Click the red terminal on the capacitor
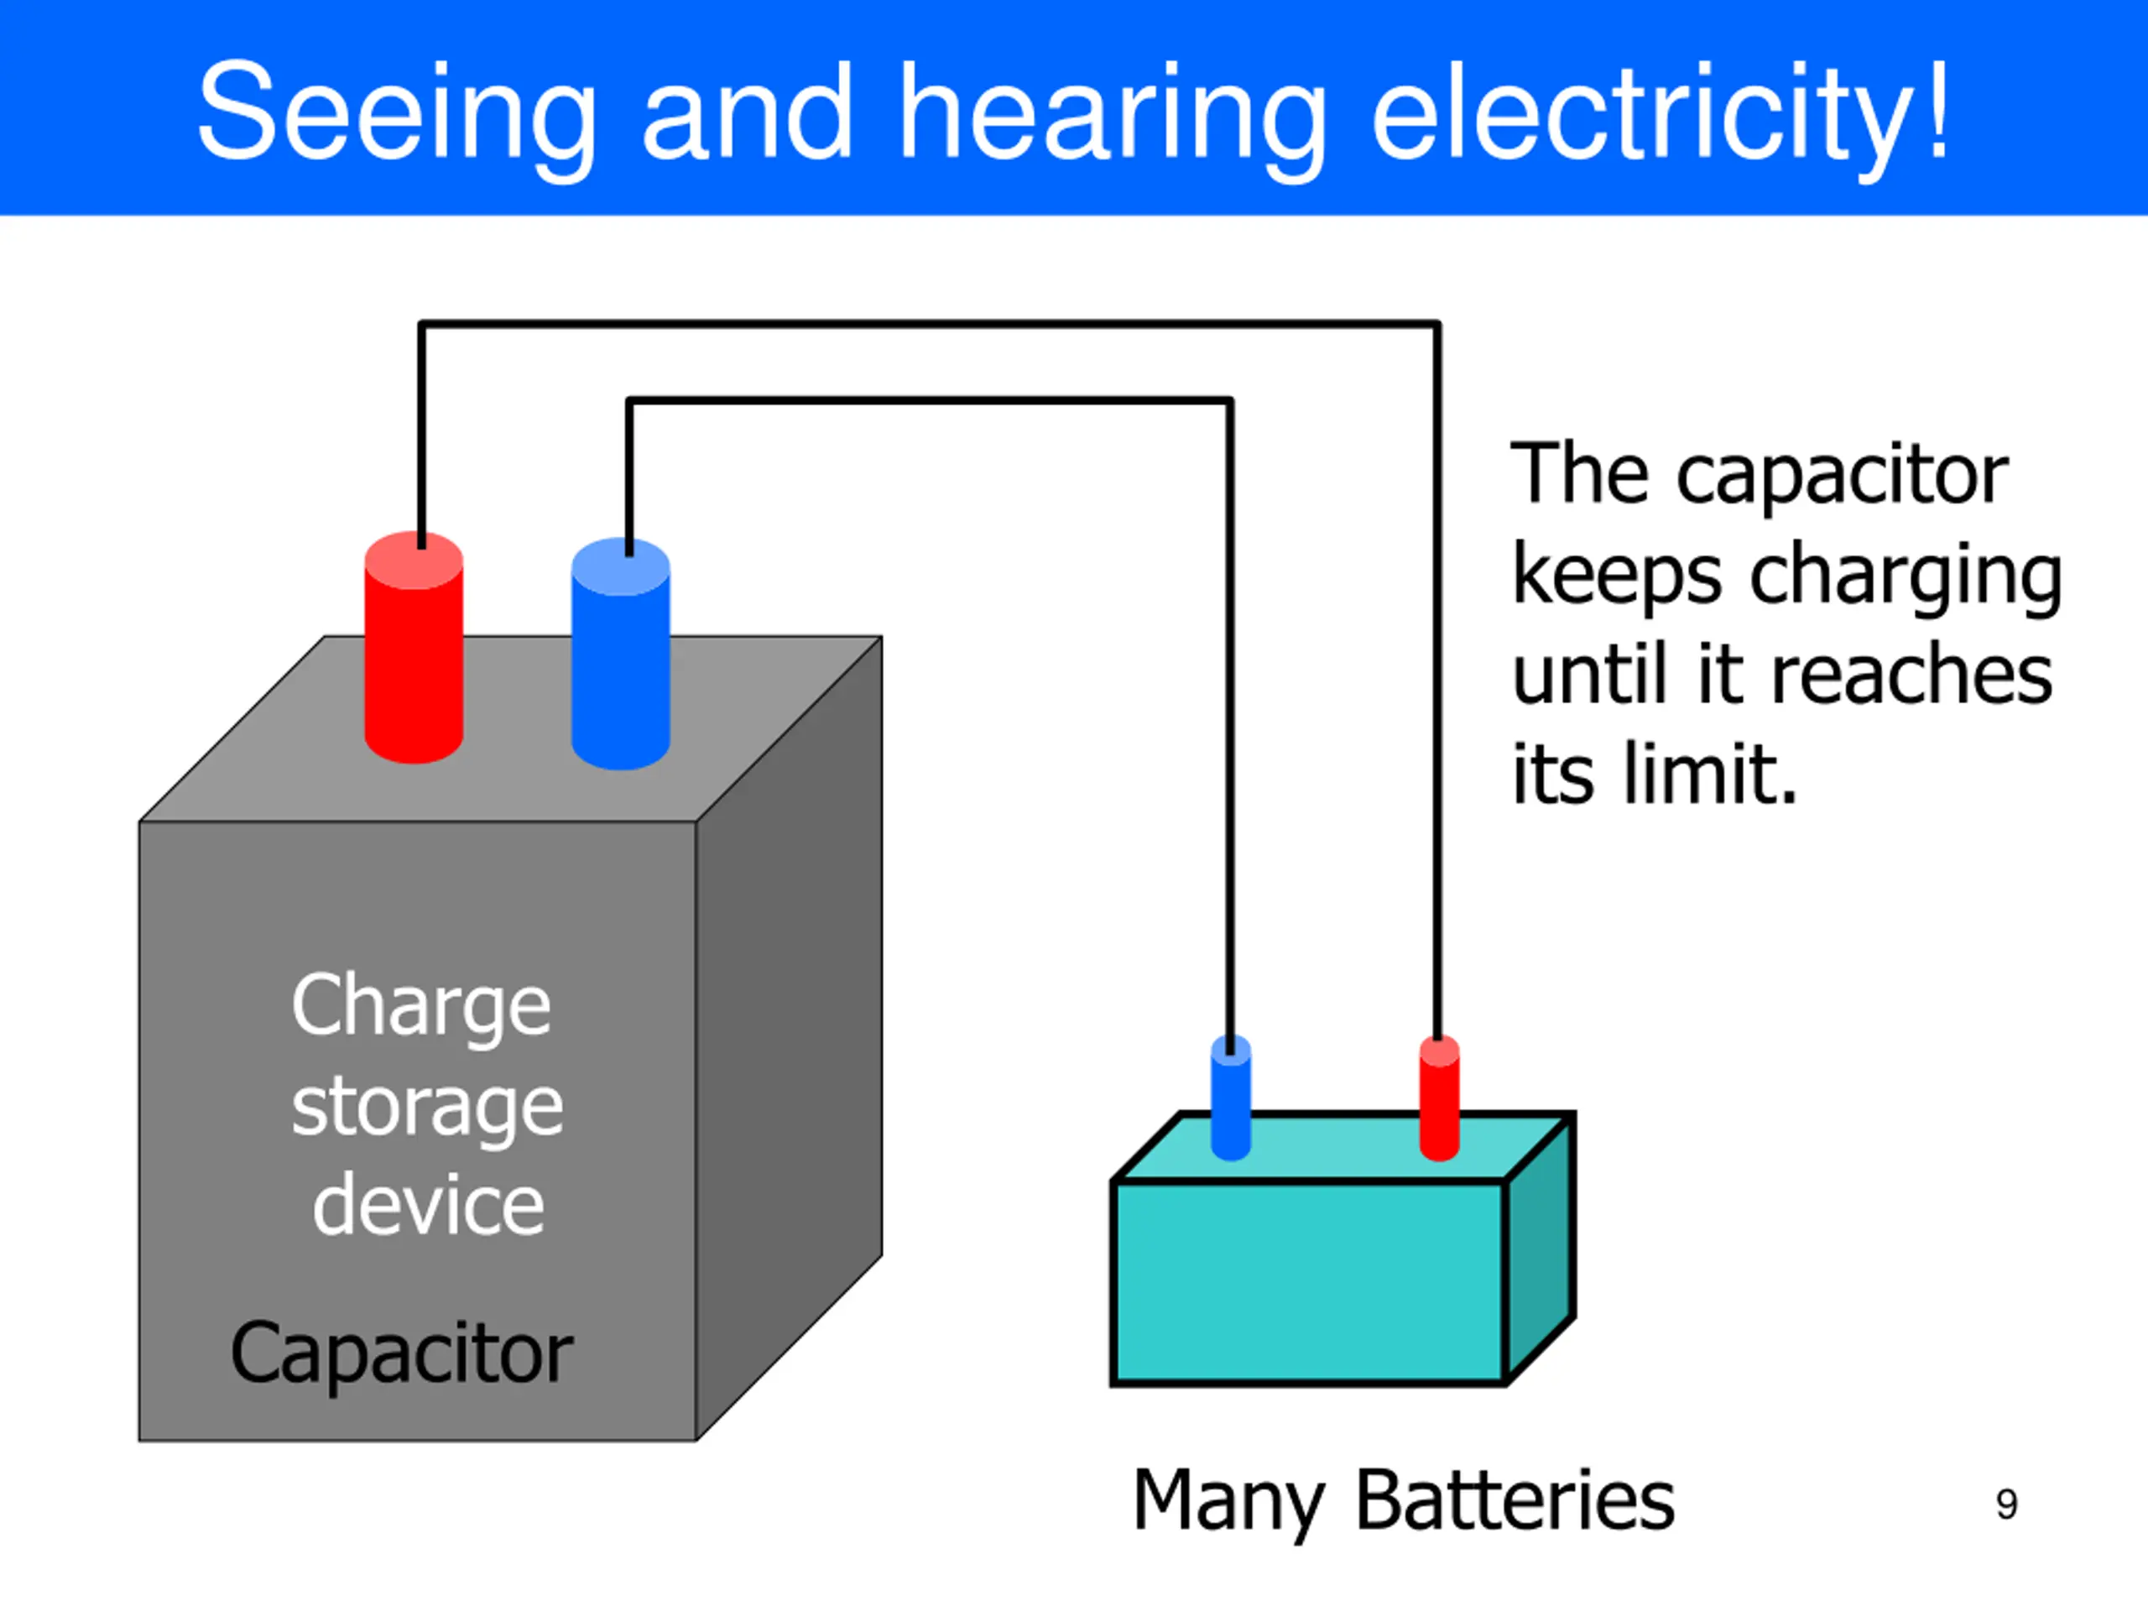[x=414, y=647]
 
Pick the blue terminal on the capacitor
[x=621, y=654]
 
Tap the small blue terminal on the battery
[x=1231, y=1097]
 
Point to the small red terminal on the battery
[x=1439, y=1097]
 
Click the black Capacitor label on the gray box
[x=401, y=1353]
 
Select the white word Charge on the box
[x=421, y=1007]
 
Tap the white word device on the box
[x=428, y=1203]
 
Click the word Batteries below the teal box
[x=1515, y=1499]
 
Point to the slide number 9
[x=2007, y=1504]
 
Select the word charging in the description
[x=1906, y=579]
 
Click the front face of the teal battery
[x=1309, y=1282]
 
